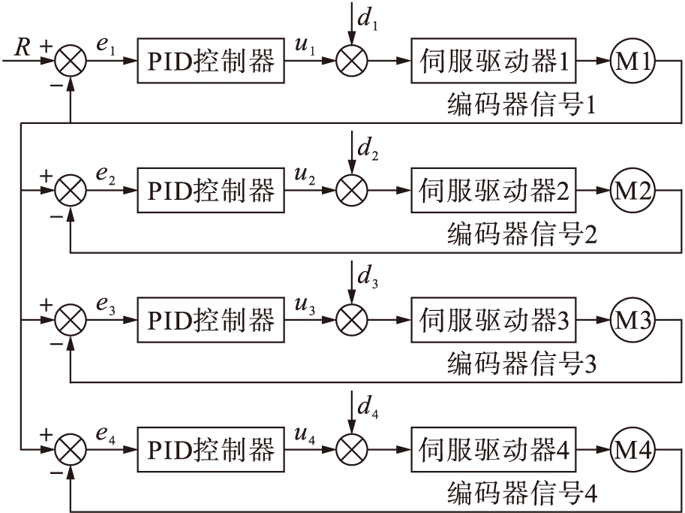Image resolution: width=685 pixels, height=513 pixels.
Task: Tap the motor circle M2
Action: pyautogui.click(x=632, y=191)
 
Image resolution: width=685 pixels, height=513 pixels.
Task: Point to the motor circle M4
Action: pyautogui.click(x=632, y=451)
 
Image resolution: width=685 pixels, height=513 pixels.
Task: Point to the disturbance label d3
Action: pyautogui.click(x=368, y=276)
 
